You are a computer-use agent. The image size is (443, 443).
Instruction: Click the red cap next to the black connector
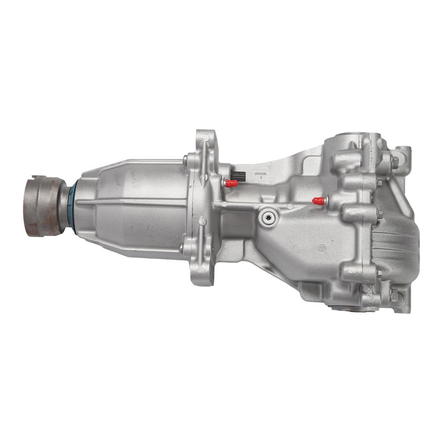tap(231, 183)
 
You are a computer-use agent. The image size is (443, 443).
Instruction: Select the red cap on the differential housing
tap(319, 201)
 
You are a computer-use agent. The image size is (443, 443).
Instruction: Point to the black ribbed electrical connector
tap(238, 175)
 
